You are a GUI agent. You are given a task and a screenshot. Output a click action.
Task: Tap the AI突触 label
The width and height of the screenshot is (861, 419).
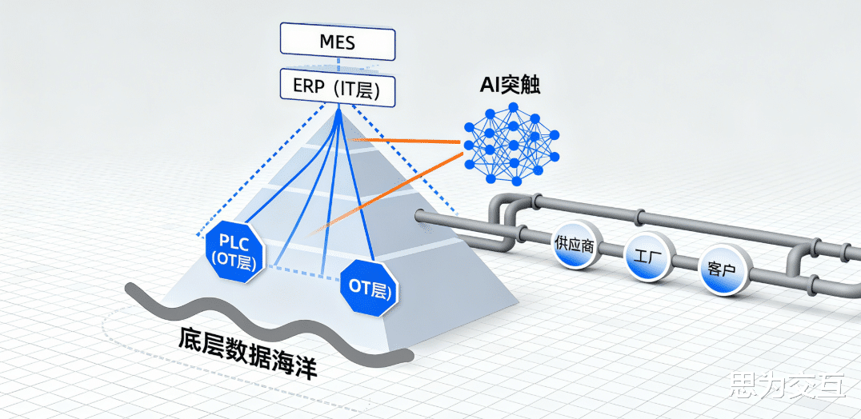511,86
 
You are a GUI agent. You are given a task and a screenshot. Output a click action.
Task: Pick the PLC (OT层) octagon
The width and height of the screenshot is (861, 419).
231,250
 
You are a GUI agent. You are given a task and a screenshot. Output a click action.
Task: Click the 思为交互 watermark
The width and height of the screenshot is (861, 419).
787,389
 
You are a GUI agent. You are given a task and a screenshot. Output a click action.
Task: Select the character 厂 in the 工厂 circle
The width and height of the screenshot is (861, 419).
655,259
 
